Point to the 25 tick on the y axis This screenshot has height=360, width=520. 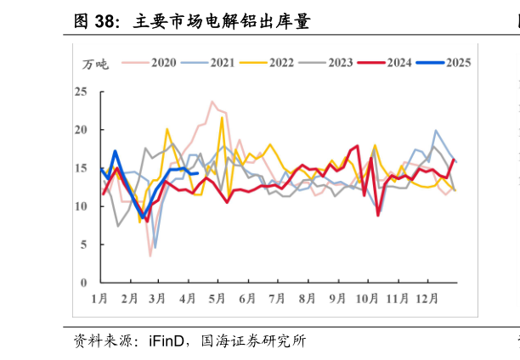click(82, 92)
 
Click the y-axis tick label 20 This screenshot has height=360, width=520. click(82, 130)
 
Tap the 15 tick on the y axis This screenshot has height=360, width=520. click(82, 168)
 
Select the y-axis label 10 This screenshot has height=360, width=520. click(82, 206)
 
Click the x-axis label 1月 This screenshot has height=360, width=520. click(99, 299)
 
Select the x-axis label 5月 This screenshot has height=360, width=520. click(217, 299)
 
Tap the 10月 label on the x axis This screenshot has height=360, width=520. click(368, 299)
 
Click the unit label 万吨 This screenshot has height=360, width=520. click(95, 65)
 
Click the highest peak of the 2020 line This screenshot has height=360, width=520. click(212, 102)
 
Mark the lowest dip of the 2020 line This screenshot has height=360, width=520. click(150, 256)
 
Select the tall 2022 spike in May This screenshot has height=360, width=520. click(223, 118)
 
